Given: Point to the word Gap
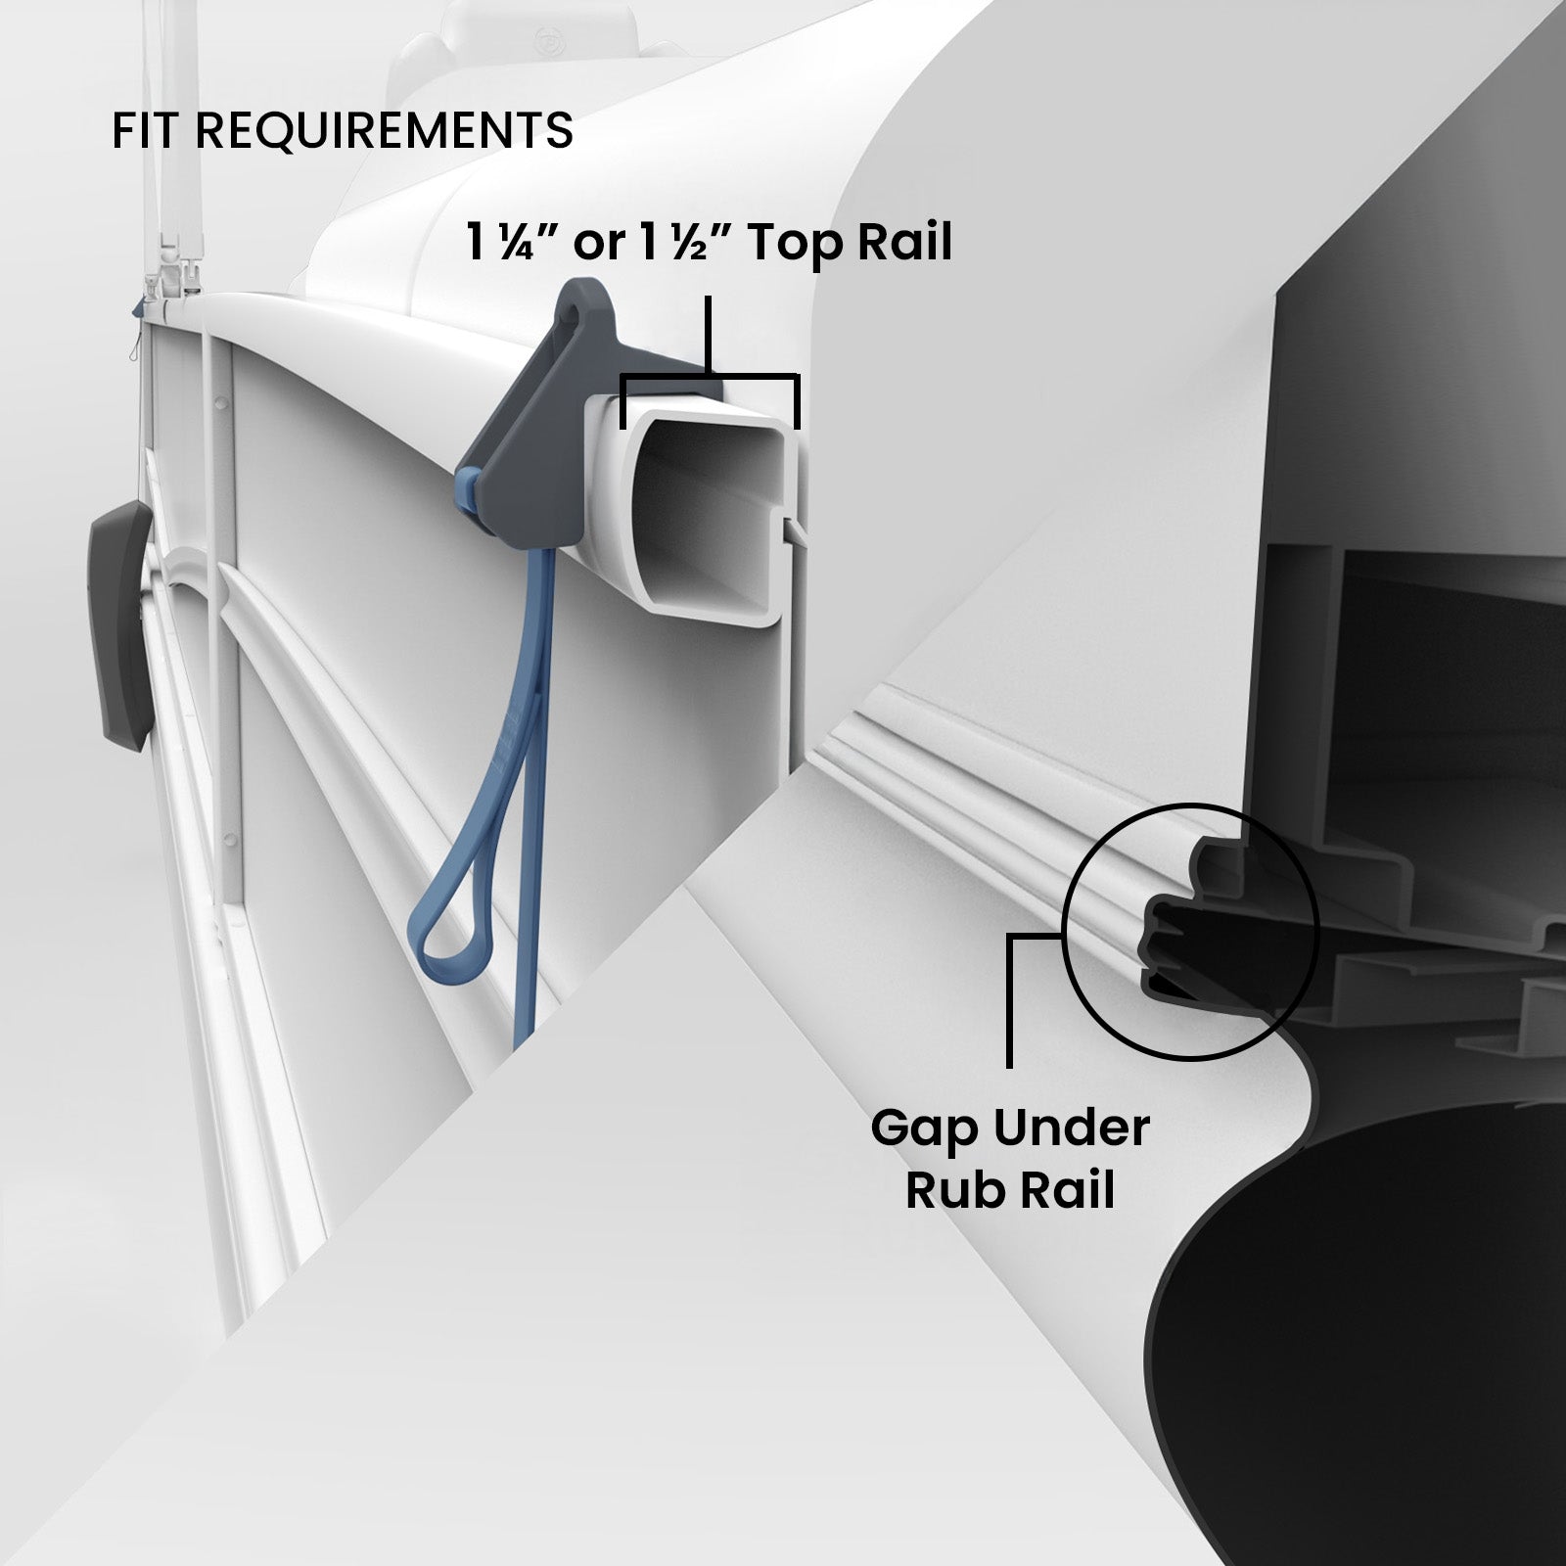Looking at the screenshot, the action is [925, 1130].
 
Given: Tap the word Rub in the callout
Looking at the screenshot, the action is [954, 1190].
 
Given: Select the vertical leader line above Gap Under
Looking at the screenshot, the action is [1009, 1000].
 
